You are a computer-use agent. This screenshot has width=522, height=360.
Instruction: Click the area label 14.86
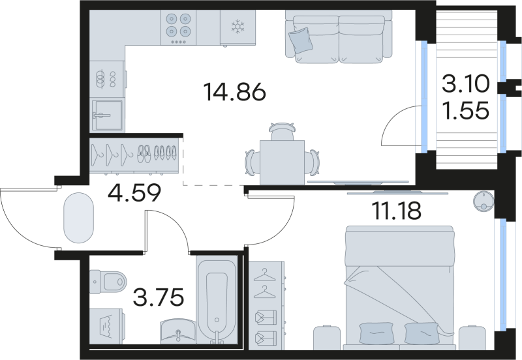235,93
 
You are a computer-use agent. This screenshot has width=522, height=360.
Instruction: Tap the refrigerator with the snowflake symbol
236,27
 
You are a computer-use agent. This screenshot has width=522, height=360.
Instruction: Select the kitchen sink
104,115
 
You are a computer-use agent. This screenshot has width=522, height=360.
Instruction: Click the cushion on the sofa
301,40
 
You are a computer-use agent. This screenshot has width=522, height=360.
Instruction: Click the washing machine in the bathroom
106,324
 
